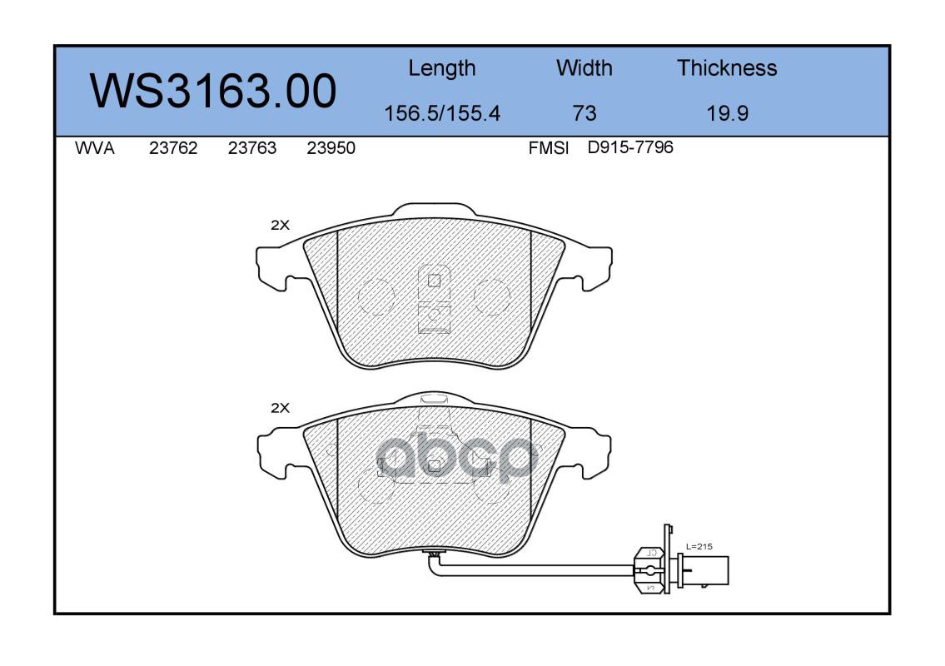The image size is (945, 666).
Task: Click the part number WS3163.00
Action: point(213,91)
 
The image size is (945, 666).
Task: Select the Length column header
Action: point(442,69)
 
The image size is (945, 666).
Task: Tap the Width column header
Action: point(584,67)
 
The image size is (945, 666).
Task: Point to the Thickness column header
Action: point(727,67)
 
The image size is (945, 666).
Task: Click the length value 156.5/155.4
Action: point(442,113)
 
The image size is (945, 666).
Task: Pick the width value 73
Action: point(584,113)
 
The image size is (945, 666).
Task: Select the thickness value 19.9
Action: point(728,113)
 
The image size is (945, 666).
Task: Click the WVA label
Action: point(95,148)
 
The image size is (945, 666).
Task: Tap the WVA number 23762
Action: point(173,148)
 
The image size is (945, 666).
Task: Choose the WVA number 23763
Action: point(252,148)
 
